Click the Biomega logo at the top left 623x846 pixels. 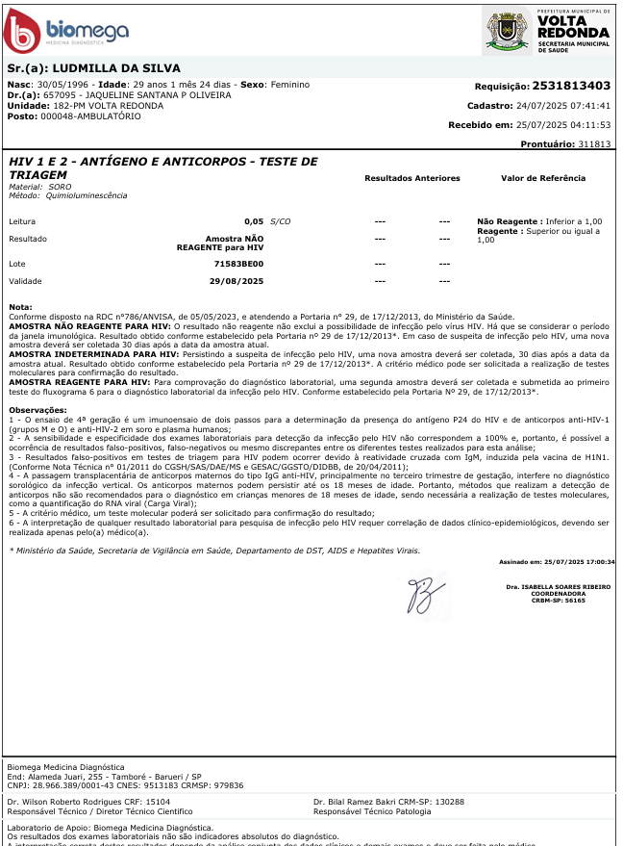[x=67, y=32]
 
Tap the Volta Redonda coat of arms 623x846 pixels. [x=507, y=33]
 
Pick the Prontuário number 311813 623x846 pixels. [x=594, y=143]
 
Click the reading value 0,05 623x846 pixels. [x=254, y=221]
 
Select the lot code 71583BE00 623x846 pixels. [x=238, y=263]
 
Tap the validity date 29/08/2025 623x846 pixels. [x=237, y=281]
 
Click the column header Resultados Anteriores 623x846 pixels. [x=412, y=178]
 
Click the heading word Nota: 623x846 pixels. [x=20, y=307]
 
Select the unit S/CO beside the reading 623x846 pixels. [x=281, y=221]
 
